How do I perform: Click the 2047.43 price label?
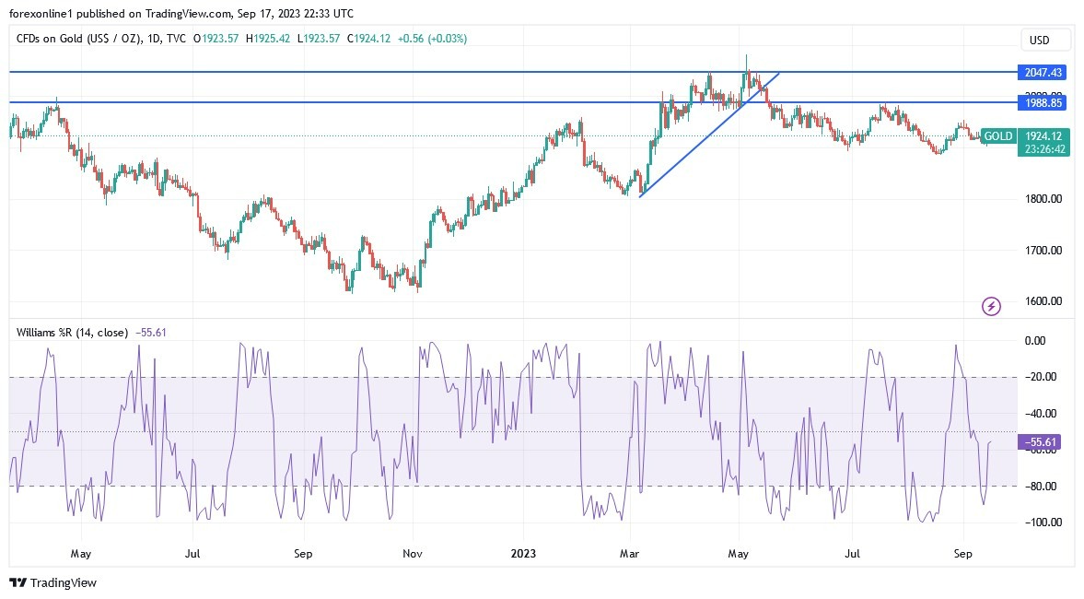click(1043, 72)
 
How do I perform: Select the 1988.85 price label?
click(1043, 103)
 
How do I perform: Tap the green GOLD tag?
click(998, 136)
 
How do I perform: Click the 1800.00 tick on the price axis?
click(1044, 199)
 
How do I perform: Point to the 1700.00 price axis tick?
click(1044, 250)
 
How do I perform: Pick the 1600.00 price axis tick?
click(1044, 301)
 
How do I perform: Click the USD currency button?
click(1045, 41)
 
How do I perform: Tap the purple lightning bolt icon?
click(992, 306)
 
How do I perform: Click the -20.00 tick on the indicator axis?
click(1042, 377)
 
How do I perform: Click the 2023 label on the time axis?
click(522, 555)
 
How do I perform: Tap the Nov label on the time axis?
click(413, 555)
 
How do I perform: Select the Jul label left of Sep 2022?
click(192, 555)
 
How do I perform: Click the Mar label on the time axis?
click(630, 555)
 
